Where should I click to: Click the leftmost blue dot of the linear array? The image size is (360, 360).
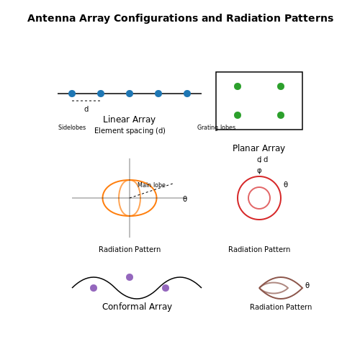(x=72, y=94)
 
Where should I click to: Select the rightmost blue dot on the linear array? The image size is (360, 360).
(x=187, y=94)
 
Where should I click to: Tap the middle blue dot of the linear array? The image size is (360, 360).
(x=130, y=94)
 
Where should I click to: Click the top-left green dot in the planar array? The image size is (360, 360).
(x=238, y=86)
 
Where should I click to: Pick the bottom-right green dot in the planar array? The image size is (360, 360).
(x=281, y=115)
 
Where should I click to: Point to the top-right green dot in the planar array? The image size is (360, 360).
(x=281, y=86)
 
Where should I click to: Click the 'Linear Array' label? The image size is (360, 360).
(x=130, y=120)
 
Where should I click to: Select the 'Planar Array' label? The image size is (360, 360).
(x=259, y=148)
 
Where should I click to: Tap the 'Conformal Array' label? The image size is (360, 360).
(x=137, y=307)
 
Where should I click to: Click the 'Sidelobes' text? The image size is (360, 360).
(x=72, y=127)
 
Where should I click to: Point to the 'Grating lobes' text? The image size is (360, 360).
(x=216, y=127)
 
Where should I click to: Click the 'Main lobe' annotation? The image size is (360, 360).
(x=151, y=185)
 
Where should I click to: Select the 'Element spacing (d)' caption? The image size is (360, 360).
(x=130, y=130)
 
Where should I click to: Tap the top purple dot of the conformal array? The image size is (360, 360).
(x=130, y=277)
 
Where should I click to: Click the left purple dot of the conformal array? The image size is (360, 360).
(x=94, y=288)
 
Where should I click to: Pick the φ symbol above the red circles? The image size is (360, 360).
(x=259, y=171)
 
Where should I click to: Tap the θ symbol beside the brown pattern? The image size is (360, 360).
(x=307, y=285)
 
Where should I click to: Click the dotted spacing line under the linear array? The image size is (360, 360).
(x=86, y=101)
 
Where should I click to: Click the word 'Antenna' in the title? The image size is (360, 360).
(x=52, y=18)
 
